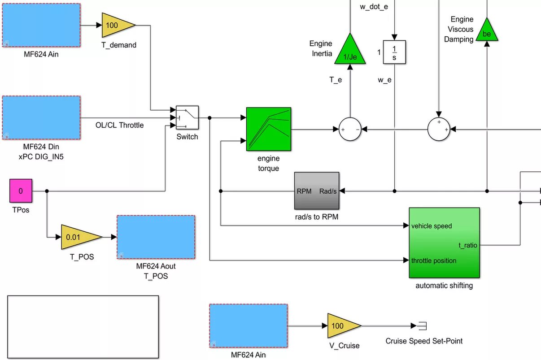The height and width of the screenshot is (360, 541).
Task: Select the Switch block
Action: coord(187,118)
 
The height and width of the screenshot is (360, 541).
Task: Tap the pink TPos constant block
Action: coord(21,191)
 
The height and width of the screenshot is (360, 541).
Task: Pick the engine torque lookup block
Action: coord(268,129)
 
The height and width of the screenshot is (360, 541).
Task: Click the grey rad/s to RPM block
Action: coord(316,191)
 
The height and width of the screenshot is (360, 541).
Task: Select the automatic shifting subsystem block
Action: coord(444,243)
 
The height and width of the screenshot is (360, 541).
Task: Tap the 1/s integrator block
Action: coord(394,52)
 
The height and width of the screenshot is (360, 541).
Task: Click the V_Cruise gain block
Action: coord(342,325)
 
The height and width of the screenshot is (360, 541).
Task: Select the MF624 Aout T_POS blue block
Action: coord(156,237)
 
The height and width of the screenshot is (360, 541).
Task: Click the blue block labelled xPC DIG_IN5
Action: coord(41,117)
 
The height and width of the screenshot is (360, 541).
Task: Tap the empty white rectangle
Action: coord(83,327)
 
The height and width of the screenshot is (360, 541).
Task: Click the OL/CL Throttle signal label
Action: coord(120,125)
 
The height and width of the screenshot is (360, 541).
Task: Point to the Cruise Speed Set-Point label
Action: coord(424,341)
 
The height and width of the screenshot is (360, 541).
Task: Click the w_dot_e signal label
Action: coord(374,7)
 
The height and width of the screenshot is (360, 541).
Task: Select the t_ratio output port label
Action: coord(467,245)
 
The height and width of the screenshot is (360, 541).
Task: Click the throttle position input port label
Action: coord(434,260)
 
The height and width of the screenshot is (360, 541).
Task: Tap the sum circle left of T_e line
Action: coord(350,129)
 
